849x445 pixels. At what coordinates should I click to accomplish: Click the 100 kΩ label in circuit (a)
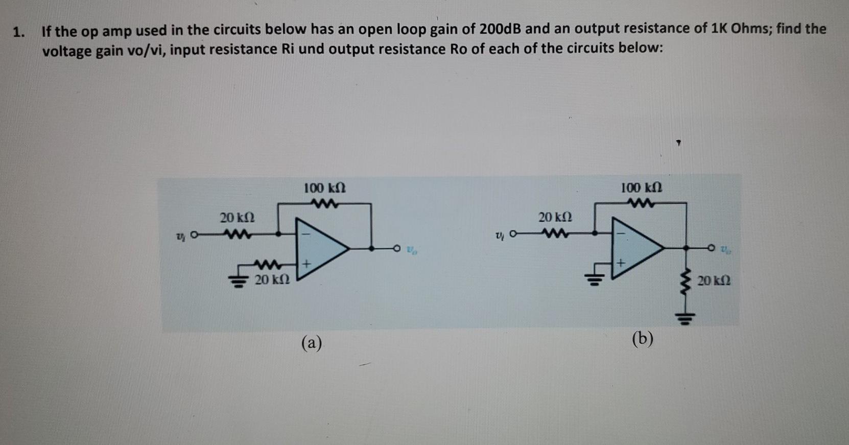tap(325, 188)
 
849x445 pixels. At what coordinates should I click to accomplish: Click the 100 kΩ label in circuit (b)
tap(642, 188)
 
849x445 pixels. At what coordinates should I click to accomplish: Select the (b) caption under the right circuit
tap(642, 339)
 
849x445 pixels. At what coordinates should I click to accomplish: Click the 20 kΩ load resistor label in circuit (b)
tap(714, 280)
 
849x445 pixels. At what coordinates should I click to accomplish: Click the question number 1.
tap(19, 32)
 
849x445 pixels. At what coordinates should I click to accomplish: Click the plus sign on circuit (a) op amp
tap(306, 265)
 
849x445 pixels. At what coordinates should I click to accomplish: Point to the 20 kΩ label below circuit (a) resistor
tap(272, 280)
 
